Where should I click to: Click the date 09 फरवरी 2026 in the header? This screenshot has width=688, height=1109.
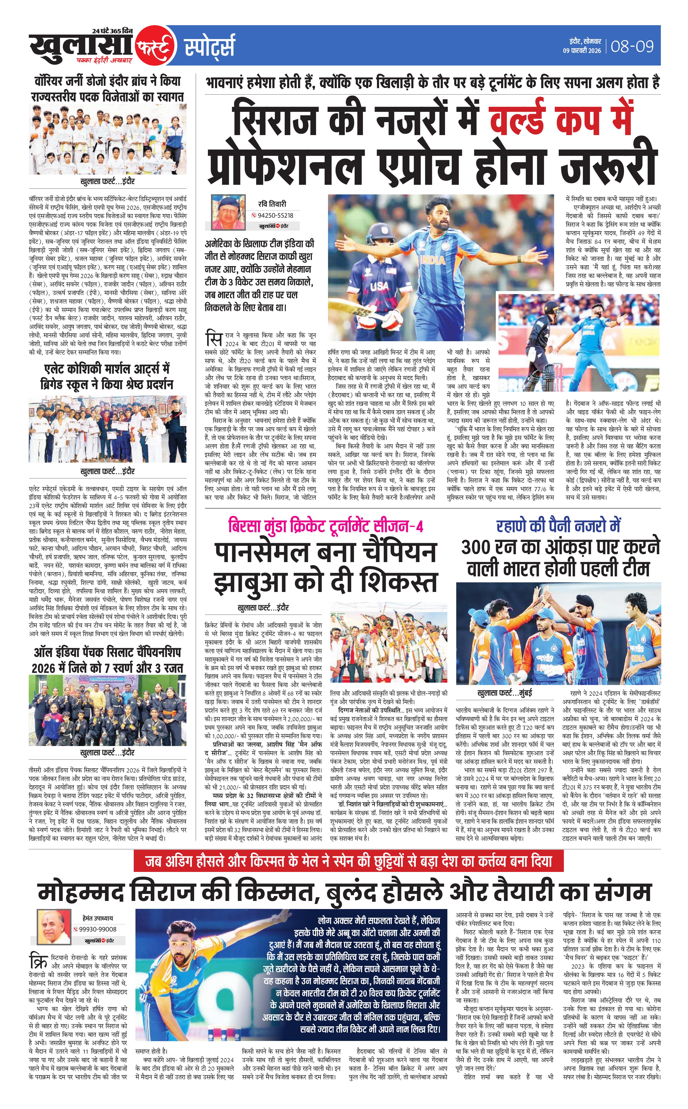582,51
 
